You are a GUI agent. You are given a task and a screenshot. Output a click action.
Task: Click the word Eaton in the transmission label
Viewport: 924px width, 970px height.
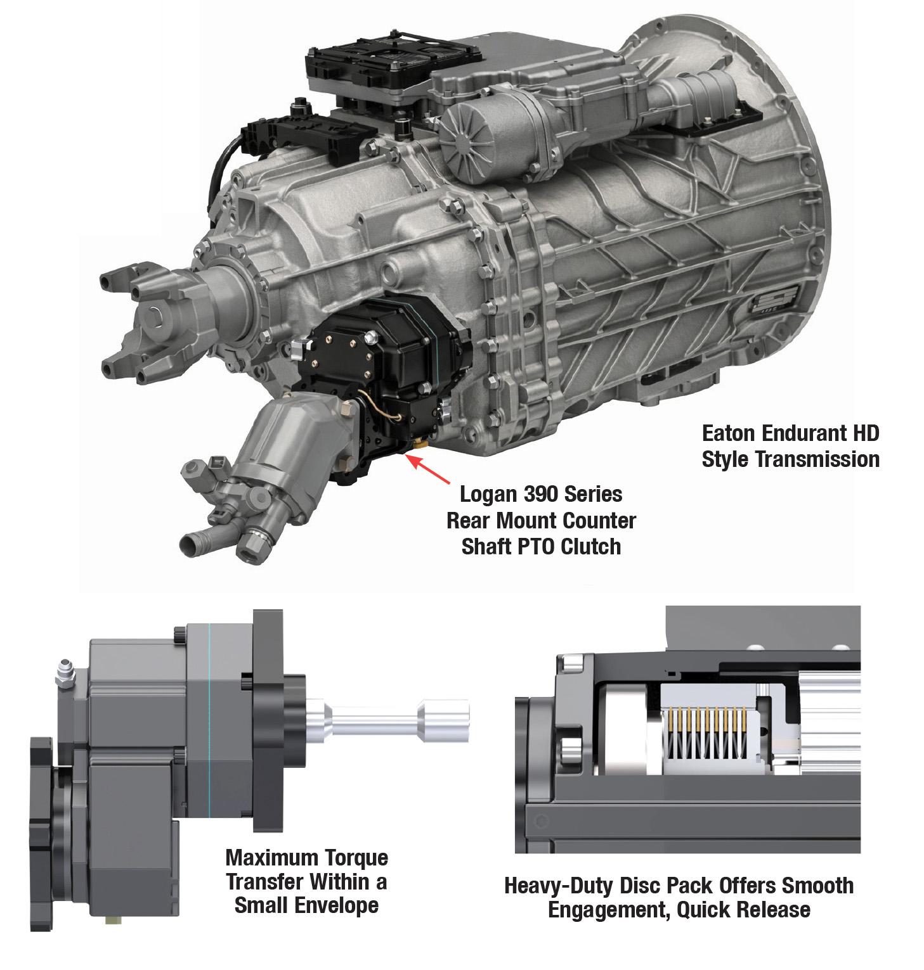click(x=729, y=433)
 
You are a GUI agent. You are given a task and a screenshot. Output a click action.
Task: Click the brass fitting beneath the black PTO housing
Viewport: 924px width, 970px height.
click(x=418, y=446)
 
